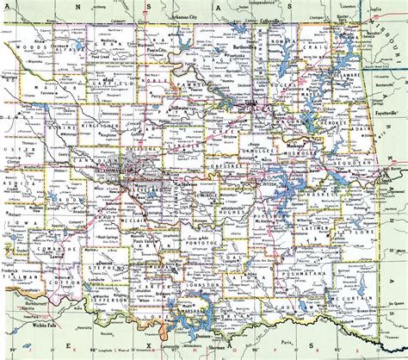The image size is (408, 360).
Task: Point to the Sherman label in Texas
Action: click(227, 345)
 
